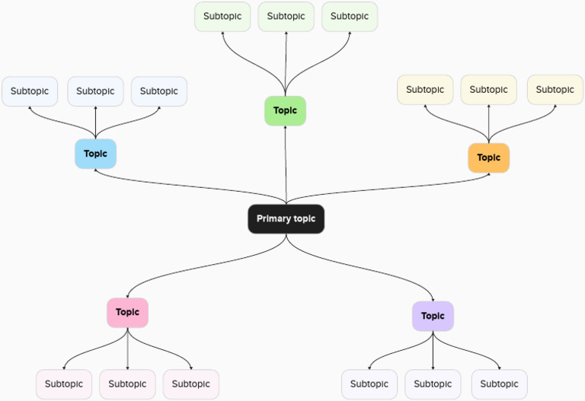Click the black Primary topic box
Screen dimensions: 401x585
pos(286,219)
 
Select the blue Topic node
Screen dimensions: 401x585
pos(95,154)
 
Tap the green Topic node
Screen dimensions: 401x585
pos(285,110)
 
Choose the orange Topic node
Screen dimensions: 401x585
pos(488,158)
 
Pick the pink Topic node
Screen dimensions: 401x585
pos(127,312)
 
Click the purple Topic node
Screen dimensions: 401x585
pos(433,316)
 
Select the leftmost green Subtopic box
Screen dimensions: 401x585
pos(222,16)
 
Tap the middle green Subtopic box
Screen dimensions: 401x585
pos(286,16)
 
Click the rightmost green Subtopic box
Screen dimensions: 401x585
pos(350,16)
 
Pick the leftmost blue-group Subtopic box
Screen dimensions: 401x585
pos(30,91)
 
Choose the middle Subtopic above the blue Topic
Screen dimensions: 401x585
pos(95,91)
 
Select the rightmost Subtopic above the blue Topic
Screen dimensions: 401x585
pos(159,91)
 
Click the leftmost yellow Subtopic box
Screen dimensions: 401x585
pos(425,90)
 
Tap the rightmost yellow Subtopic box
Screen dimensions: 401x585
pos(555,90)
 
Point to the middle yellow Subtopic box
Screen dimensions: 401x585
pos(488,90)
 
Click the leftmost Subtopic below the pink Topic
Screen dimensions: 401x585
pos(64,384)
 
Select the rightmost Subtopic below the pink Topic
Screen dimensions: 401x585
pos(190,384)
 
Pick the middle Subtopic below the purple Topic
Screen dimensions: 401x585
pos(433,384)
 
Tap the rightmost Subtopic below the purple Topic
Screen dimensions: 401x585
pos(499,384)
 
